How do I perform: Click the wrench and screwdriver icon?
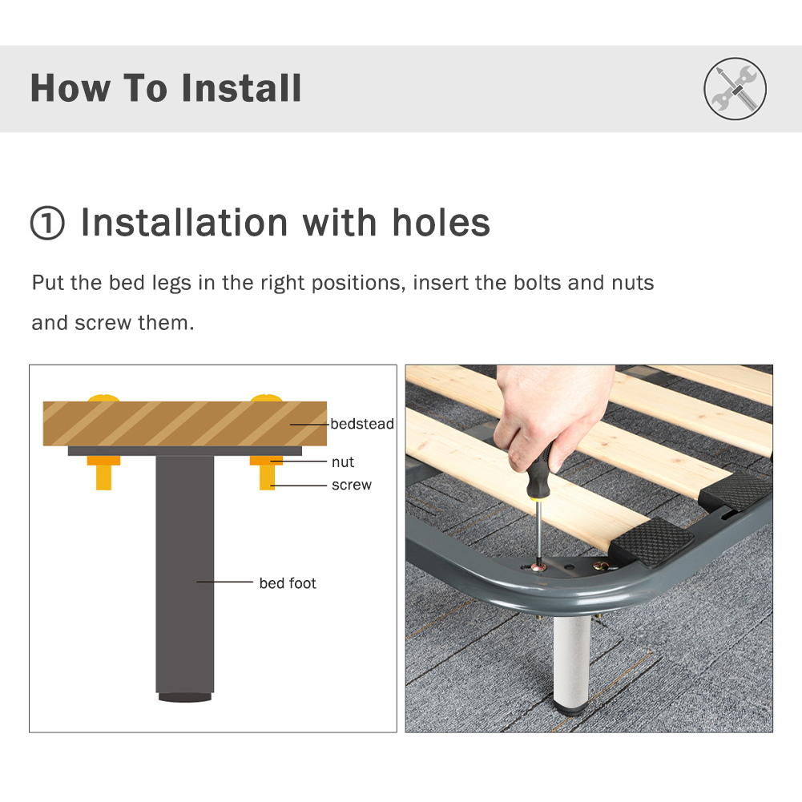(735, 88)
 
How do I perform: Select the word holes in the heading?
(441, 223)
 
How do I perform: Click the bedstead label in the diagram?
(362, 423)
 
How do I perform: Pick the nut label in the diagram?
(343, 462)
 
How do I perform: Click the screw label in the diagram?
(352, 485)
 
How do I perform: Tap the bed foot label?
(288, 583)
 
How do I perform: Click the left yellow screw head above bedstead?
(103, 397)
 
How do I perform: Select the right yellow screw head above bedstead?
(266, 397)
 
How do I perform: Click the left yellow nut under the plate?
(103, 461)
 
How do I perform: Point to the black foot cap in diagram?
(184, 697)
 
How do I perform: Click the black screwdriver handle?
(544, 473)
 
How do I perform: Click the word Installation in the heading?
(183, 223)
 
